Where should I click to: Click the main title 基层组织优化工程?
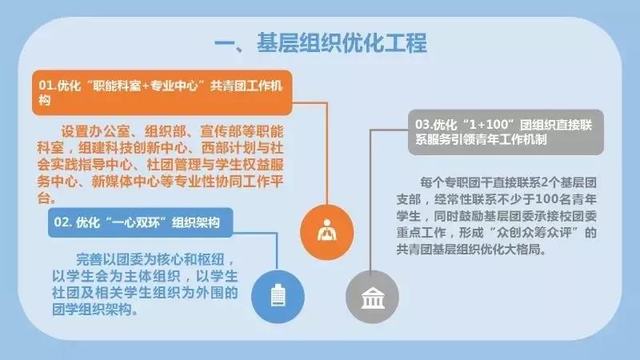[x=342, y=43]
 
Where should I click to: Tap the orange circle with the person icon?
[x=327, y=232]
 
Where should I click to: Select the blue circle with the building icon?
[x=278, y=296]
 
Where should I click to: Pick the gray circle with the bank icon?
[x=372, y=297]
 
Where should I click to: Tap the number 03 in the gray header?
[x=422, y=124]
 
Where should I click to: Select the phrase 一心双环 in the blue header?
[x=135, y=222]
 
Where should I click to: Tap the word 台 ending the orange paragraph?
[x=44, y=198]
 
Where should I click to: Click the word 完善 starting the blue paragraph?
[x=90, y=259]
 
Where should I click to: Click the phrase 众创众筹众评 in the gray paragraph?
[x=534, y=233]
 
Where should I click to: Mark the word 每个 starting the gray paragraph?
[x=432, y=182]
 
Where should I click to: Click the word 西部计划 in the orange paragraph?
[x=228, y=148]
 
